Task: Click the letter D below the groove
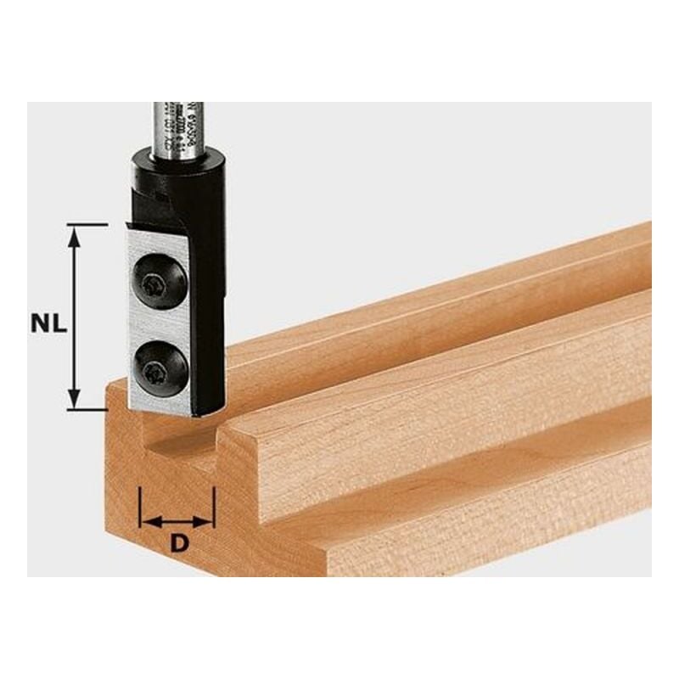coord(177,544)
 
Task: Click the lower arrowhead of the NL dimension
coord(75,400)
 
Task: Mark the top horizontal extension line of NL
coord(87,225)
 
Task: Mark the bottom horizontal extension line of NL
coord(87,409)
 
